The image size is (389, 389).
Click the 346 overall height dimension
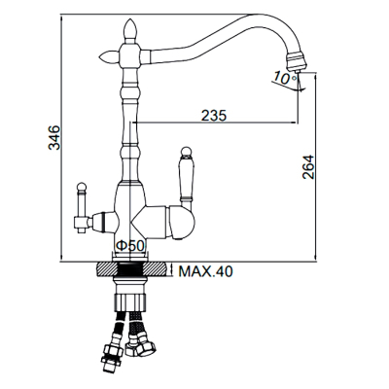click(x=53, y=137)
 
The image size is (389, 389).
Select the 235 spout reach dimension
click(x=214, y=115)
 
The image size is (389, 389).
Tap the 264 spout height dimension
click(x=307, y=167)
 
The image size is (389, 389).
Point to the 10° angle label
click(x=284, y=78)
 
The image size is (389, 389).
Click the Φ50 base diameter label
click(x=129, y=246)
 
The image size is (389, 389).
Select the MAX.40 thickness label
click(x=206, y=271)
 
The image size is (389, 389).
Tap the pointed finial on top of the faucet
click(x=129, y=30)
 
